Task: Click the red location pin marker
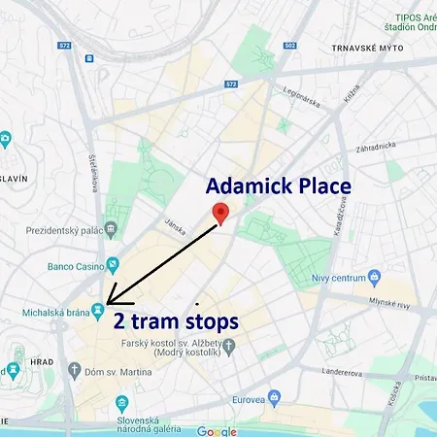pos(220,215)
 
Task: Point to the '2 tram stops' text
pos(176,321)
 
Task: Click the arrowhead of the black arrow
pos(110,301)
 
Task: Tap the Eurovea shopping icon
pos(275,397)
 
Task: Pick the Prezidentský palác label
pos(55,231)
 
